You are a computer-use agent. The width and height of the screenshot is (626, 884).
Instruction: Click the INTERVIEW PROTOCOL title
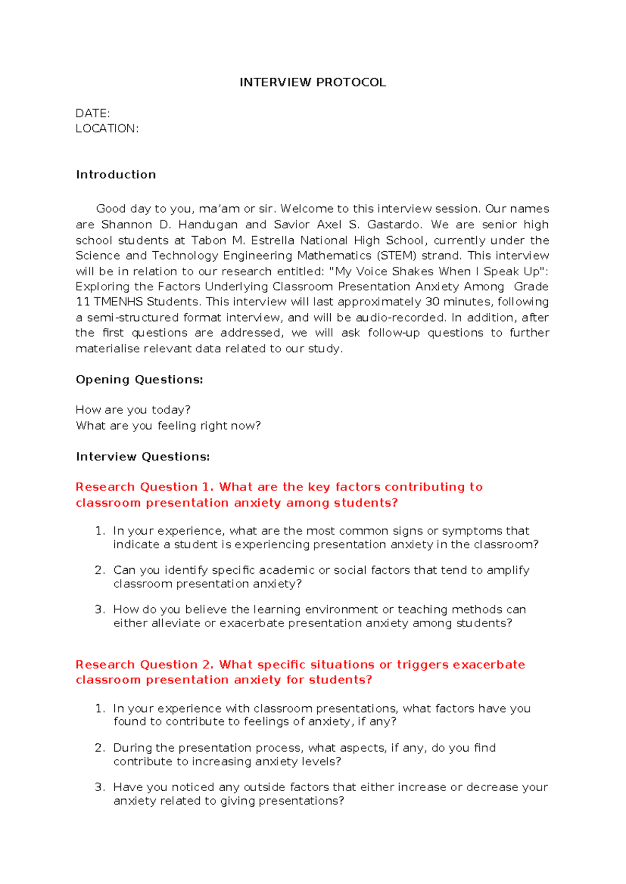click(312, 82)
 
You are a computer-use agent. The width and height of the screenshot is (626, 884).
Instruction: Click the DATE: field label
click(92, 114)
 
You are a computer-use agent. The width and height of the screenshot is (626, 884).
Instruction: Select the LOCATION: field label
click(107, 129)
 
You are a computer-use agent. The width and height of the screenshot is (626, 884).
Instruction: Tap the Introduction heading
click(116, 175)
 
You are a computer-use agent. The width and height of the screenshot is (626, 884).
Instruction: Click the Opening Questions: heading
click(139, 379)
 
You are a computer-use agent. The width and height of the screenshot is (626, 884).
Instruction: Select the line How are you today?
click(133, 410)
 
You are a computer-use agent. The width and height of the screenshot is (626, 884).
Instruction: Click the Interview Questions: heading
click(142, 457)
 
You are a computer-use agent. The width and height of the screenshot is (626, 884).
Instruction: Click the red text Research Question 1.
click(145, 487)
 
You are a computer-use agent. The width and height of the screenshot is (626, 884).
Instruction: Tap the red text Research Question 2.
click(145, 665)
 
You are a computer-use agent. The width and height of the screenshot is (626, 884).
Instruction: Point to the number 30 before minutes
click(432, 302)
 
